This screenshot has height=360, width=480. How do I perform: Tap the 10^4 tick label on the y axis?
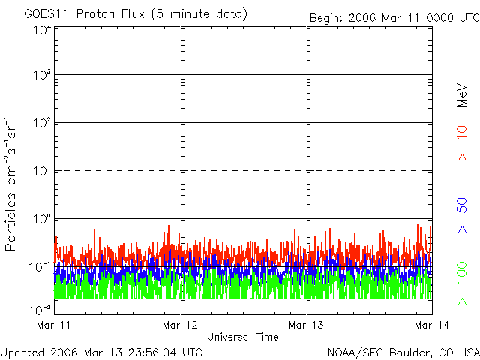tap(42, 30)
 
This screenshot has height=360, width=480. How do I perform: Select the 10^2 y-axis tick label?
tap(42, 124)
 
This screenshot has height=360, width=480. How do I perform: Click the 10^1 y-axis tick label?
tap(42, 172)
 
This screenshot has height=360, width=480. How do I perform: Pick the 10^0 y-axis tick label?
tap(42, 219)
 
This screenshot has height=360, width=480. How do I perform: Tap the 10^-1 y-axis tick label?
tap(42, 266)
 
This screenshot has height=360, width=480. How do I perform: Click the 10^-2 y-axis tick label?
tap(42, 309)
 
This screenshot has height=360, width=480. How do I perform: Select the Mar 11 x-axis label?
tap(53, 325)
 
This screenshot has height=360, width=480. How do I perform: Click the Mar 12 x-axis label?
tap(180, 325)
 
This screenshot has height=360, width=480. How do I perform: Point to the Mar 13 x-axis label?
tap(306, 325)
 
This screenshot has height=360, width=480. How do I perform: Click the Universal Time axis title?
tap(243, 337)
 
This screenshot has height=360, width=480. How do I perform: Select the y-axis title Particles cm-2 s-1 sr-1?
tap(12, 184)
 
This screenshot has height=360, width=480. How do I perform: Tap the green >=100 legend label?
tap(462, 282)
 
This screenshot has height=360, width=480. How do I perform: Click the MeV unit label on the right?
tap(462, 97)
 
